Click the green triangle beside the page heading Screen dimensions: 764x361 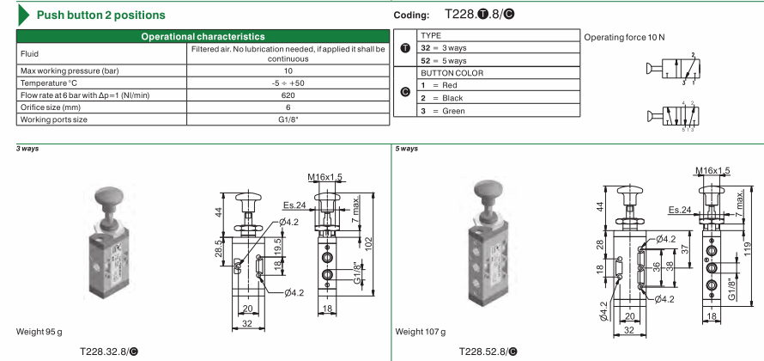tap(23, 15)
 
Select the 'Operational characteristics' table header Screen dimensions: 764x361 tap(203, 37)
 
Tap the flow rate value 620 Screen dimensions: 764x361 tap(288, 95)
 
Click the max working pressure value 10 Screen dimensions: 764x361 tap(288, 70)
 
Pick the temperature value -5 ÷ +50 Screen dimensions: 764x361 tap(288, 83)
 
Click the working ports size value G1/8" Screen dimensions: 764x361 tap(288, 119)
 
